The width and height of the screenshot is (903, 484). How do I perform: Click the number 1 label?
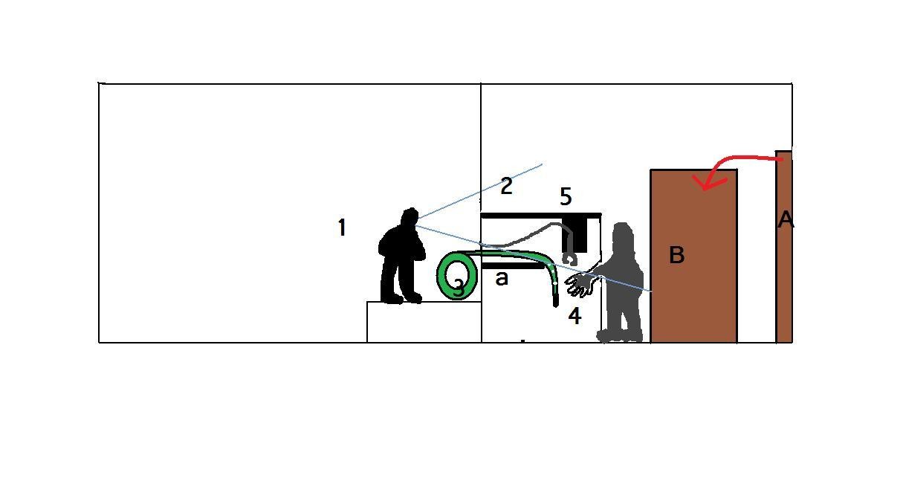click(342, 228)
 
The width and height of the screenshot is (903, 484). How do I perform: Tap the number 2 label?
click(506, 186)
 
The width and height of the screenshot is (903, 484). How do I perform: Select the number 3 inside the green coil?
click(459, 288)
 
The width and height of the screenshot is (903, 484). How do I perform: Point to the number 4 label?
click(575, 316)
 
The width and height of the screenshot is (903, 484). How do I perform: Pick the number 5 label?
click(566, 196)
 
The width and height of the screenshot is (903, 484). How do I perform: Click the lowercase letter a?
click(502, 278)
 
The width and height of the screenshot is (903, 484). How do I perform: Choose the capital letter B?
click(676, 255)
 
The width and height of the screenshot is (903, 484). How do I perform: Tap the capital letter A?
click(786, 220)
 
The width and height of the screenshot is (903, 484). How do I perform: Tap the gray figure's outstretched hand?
click(578, 284)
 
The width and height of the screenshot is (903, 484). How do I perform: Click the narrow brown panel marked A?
click(784, 247)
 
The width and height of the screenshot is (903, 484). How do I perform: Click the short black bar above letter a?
click(513, 266)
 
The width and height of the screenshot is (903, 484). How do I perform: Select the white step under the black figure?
click(424, 322)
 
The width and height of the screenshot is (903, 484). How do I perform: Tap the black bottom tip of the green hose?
click(556, 300)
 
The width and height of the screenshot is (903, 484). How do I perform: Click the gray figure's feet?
click(620, 335)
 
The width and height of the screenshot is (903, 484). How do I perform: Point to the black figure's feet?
click(401, 298)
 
